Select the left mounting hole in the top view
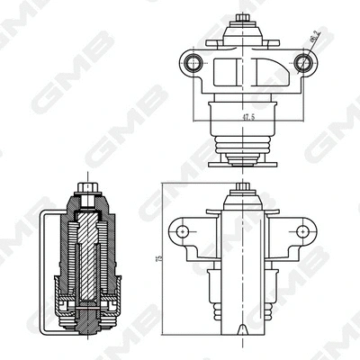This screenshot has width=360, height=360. [190, 63]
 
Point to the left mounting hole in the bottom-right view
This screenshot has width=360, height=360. [185, 231]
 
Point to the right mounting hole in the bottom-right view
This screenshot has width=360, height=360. [297, 231]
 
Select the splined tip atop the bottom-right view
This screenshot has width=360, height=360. [242, 190]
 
